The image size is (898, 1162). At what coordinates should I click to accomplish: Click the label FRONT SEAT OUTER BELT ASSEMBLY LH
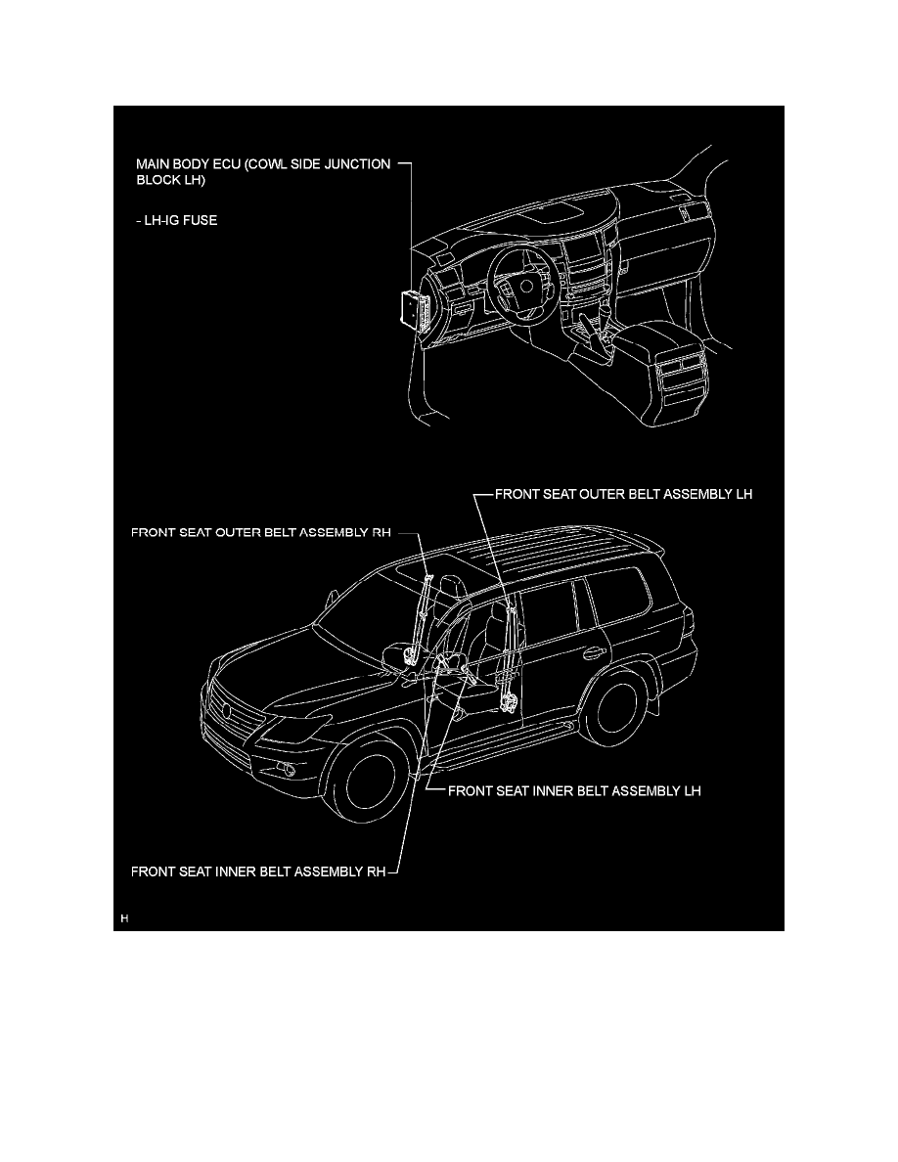(x=623, y=495)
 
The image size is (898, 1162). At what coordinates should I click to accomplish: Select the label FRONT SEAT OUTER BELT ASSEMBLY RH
(x=261, y=533)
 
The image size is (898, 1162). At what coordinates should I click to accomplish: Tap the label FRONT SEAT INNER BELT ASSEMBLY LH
(x=574, y=790)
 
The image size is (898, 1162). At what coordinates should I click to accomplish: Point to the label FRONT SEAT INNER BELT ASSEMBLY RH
(x=258, y=870)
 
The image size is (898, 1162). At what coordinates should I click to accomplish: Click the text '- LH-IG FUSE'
(x=177, y=221)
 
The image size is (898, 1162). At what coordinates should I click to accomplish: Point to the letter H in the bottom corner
(x=124, y=919)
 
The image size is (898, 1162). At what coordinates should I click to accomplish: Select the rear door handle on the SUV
(x=591, y=652)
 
